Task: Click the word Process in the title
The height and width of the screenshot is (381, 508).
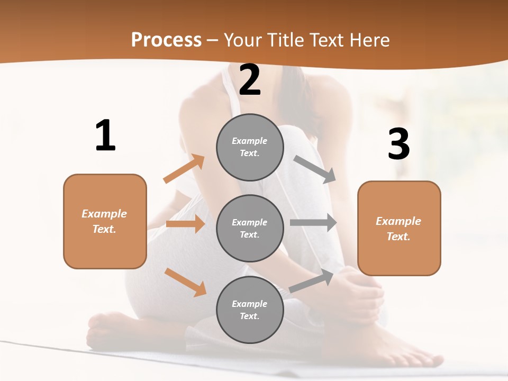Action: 166,40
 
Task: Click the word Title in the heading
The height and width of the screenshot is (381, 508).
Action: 284,40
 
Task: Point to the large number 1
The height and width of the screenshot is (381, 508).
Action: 105,136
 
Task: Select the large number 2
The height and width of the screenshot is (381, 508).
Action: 250,80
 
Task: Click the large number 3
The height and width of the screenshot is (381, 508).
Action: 398,144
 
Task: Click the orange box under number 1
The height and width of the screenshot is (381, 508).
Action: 105,221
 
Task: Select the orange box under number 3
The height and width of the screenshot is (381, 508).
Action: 399,229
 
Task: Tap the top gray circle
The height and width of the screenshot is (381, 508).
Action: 250,147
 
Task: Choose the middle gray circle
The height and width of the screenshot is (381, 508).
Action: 250,228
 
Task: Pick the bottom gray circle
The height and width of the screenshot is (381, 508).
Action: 250,310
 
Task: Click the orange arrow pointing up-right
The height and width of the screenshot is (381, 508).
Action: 184,168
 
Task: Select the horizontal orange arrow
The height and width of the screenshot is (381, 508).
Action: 185,224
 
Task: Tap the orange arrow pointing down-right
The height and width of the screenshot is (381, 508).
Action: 185,282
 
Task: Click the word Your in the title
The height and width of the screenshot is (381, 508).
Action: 243,40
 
